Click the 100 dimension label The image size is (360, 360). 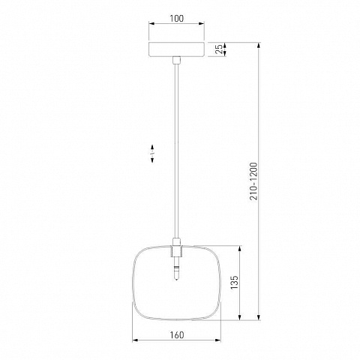tap(176, 19)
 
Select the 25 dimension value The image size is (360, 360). tap(219, 49)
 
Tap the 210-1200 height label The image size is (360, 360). tap(253, 181)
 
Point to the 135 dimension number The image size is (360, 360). tap(234, 283)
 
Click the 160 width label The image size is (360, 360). tap(177, 334)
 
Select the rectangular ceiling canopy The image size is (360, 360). tap(176, 49)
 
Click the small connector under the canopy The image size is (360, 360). tap(176, 60)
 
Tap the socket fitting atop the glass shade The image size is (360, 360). tap(176, 248)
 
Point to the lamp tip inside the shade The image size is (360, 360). tap(176, 273)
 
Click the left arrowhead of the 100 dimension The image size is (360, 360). tap(151, 23)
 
